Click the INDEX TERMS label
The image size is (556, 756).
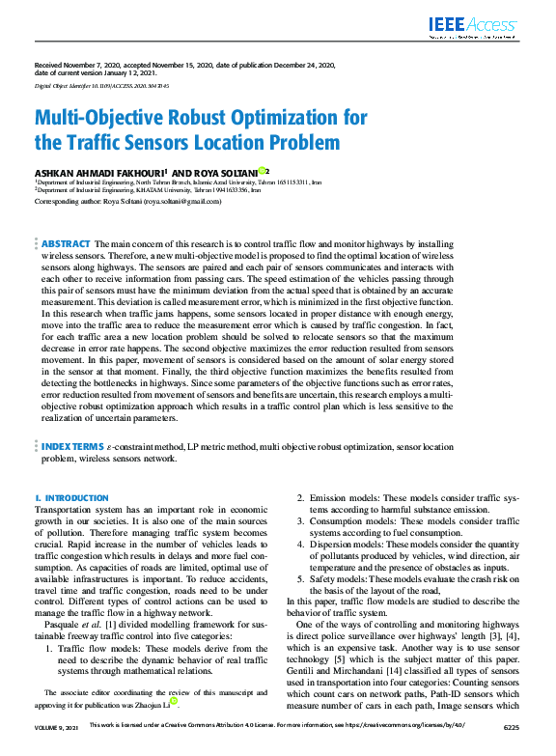point(75,448)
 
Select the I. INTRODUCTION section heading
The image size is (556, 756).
point(71,497)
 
